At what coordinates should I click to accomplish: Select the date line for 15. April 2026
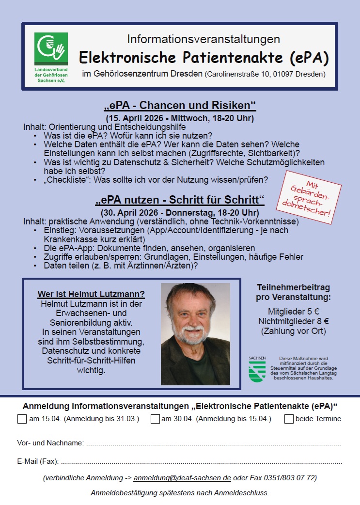tap(180, 118)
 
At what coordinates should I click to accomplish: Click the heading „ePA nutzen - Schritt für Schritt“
tap(180, 200)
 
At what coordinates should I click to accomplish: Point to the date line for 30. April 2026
tap(180, 212)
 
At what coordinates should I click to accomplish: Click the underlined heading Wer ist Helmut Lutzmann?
tap(91, 295)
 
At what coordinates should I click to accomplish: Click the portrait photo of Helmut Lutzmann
tap(195, 334)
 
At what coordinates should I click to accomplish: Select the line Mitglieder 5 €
tap(294, 311)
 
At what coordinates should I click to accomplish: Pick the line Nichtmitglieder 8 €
tap(294, 321)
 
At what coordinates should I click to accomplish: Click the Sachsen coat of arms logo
tap(257, 371)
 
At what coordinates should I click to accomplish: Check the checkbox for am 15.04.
tap(22, 419)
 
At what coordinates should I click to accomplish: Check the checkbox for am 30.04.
tap(155, 419)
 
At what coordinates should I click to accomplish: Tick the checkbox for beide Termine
tap(289, 419)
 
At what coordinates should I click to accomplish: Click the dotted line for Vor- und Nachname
tap(213, 444)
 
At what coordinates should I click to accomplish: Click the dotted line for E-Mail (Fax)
tap(201, 462)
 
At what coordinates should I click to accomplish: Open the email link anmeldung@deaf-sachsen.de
tap(182, 478)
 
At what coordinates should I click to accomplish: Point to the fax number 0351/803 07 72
tap(290, 478)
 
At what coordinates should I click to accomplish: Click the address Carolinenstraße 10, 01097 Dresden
tap(266, 75)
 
